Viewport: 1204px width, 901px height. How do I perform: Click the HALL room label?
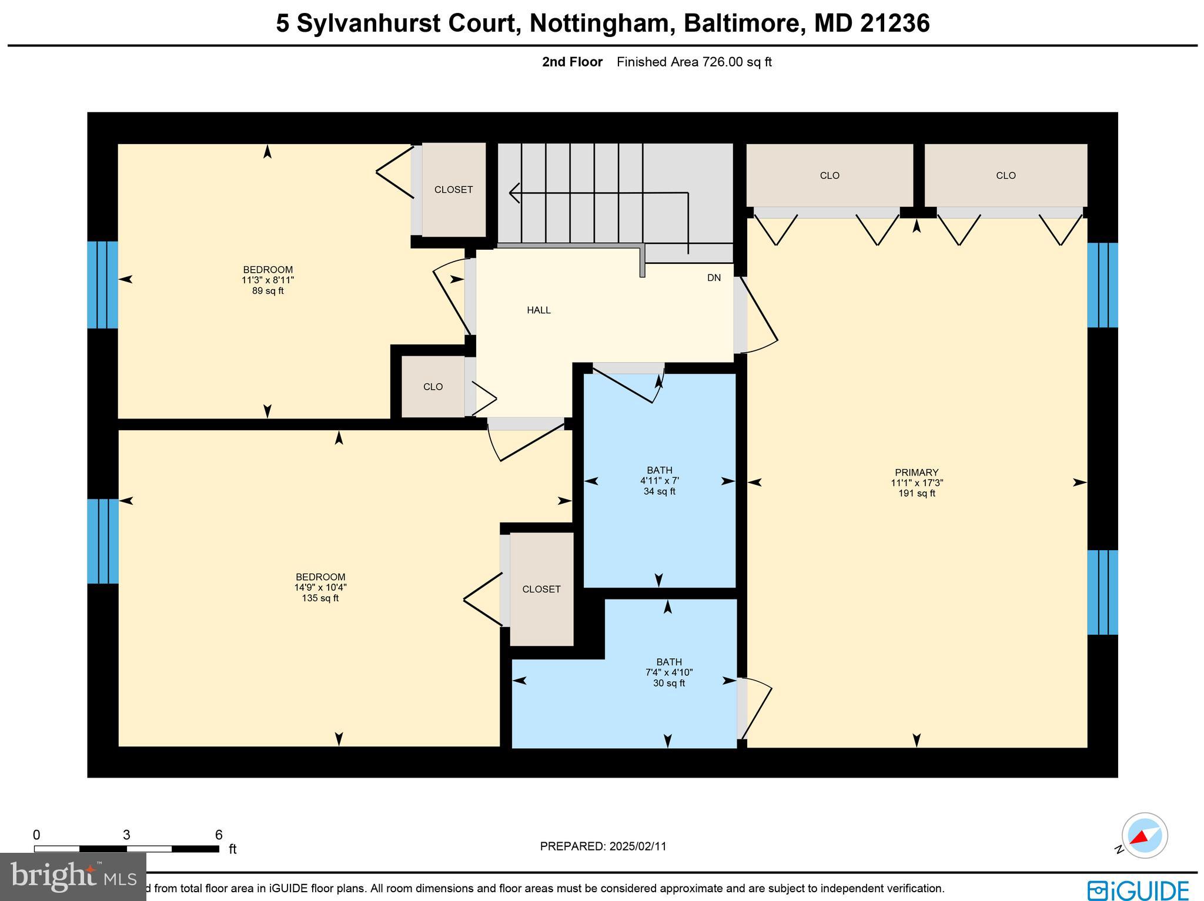coord(539,310)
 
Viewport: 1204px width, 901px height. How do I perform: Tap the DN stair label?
coord(714,278)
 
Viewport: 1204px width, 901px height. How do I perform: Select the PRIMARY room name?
coord(917,473)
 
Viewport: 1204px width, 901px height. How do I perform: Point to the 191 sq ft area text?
coord(917,494)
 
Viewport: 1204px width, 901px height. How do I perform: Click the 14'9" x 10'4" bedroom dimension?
coord(320,588)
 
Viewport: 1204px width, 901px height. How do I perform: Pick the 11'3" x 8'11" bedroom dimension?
coord(267,280)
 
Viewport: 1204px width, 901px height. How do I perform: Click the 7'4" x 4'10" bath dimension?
coord(669,672)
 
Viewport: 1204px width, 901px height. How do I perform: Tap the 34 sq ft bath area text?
coord(659,491)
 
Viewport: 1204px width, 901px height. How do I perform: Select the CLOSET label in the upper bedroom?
coord(453,190)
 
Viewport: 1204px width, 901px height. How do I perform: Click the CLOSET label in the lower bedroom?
coord(541,589)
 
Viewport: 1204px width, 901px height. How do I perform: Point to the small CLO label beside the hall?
coord(433,387)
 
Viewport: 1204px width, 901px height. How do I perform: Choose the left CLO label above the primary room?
coord(830,176)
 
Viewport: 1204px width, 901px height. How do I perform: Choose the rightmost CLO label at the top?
coord(1005,176)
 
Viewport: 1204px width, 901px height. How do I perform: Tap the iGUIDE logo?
coord(1138,889)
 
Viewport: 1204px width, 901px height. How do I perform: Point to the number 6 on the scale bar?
coord(219,835)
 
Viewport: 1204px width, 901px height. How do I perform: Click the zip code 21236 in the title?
coord(895,24)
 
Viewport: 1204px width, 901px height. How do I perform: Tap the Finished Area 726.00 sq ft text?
coord(694,62)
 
